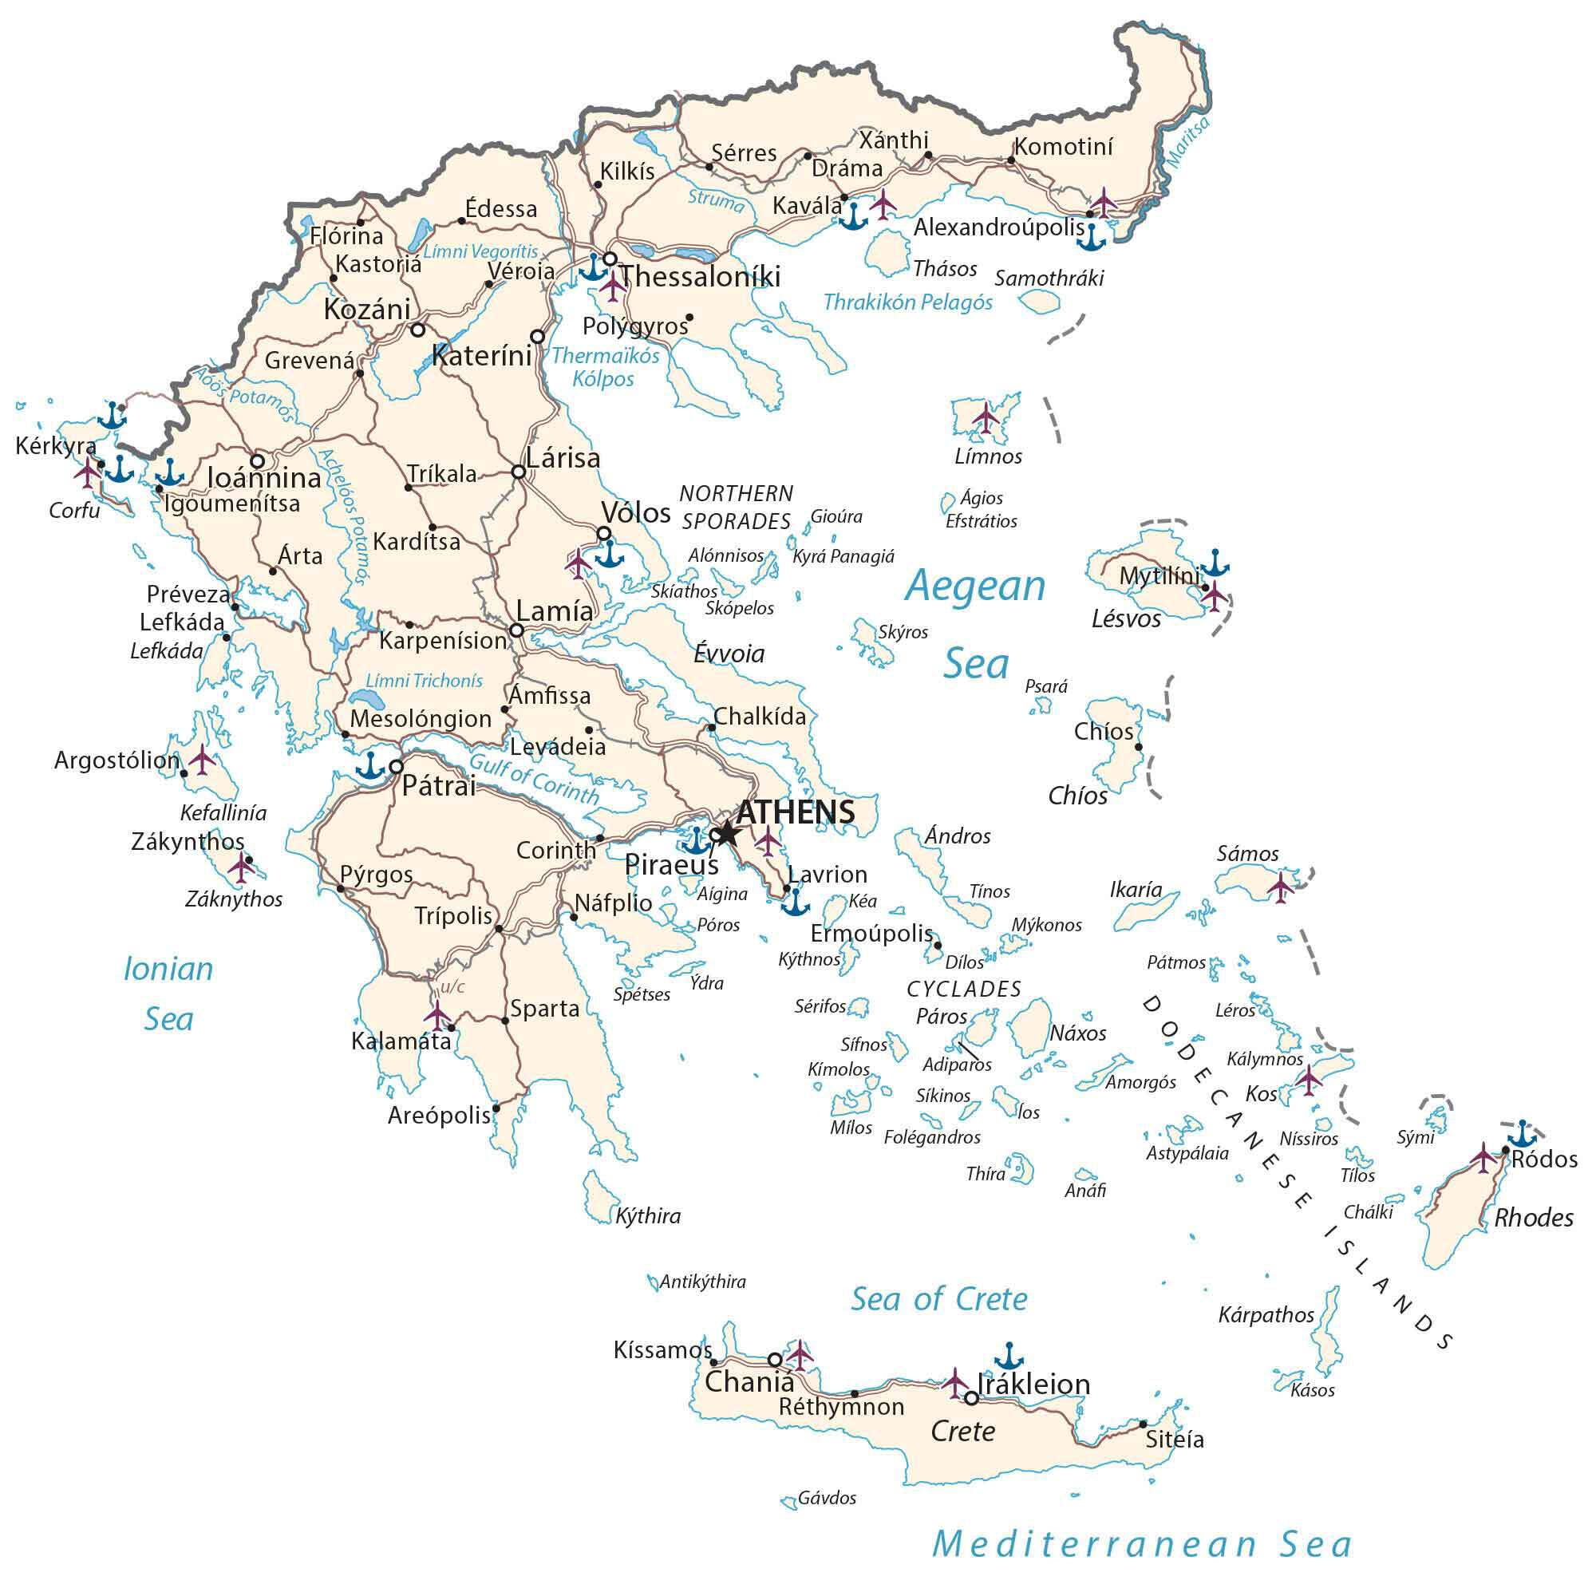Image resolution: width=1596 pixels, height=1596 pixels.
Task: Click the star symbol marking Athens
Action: pos(726,834)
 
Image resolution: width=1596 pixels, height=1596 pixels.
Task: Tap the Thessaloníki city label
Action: pos(700,277)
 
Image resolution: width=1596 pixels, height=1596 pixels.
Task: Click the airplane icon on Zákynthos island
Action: pos(241,867)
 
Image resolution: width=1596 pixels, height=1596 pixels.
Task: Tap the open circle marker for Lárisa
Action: pos(519,472)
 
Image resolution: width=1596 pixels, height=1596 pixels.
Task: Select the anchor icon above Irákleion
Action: pos(1009,1356)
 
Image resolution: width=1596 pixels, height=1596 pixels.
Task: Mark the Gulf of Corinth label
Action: pos(534,779)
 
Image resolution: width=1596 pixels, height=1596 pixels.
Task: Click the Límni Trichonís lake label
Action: pos(424,681)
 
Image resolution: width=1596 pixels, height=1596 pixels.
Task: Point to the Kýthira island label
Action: pos(648,1216)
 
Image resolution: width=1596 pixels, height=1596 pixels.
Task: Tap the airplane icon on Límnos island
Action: pos(986,417)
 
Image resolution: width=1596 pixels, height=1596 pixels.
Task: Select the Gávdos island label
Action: pos(827,1498)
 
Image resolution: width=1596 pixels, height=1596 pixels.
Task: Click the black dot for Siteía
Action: pos(1144,1424)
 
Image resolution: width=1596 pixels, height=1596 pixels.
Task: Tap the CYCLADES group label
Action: pos(964,989)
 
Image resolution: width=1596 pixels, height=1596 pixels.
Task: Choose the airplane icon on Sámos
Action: pos(1281,887)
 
